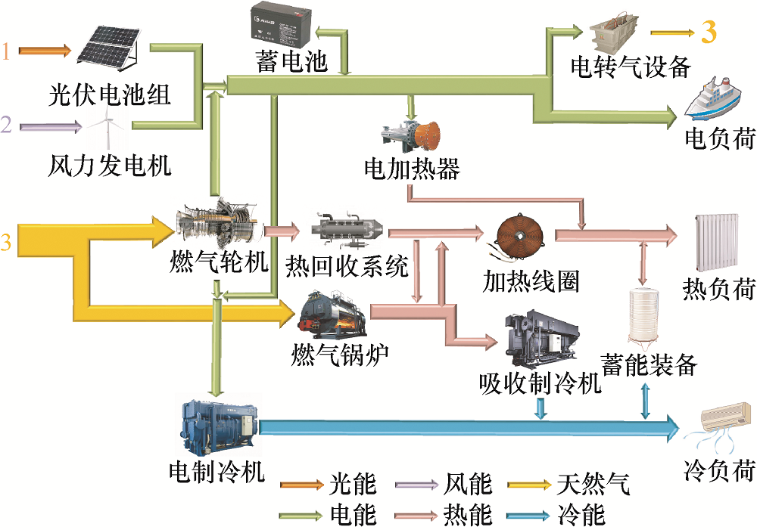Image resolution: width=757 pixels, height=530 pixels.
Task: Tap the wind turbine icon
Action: tap(107, 126)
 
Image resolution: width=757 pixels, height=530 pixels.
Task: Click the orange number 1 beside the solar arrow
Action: tap(6, 51)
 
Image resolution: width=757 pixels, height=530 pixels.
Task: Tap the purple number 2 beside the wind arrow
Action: tap(6, 125)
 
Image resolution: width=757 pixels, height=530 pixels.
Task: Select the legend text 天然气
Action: tap(593, 484)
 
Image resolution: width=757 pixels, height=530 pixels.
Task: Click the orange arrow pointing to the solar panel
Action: tap(45, 50)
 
